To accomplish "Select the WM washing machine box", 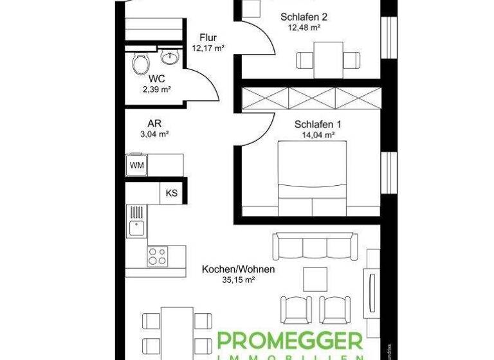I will pos(136,165).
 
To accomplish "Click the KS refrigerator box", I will pos(172,193).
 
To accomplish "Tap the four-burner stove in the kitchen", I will pos(158,256).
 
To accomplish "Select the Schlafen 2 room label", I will pos(301,17).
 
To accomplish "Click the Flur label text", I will pos(208,37).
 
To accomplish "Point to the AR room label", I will pos(154,123).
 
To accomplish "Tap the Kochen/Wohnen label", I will pos(239,269).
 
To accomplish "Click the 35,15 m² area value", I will pos(239,280).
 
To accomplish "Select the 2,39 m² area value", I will pos(157,89).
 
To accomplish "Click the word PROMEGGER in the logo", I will pos(289,342).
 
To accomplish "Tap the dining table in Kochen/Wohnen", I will pos(176,331).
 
